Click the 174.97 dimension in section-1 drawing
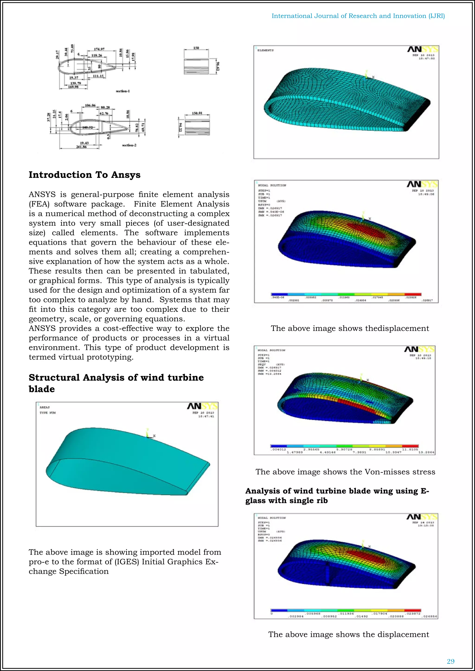(99, 49)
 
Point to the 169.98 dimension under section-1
(73, 87)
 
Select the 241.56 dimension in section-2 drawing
(81, 147)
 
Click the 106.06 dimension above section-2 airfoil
(90, 105)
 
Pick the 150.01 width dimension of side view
(197, 113)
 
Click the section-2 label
(129, 145)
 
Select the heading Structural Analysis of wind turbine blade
(116, 383)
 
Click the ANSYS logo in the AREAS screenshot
(202, 406)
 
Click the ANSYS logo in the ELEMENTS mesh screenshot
(423, 49)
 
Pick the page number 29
(450, 661)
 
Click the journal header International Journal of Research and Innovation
(358, 16)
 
